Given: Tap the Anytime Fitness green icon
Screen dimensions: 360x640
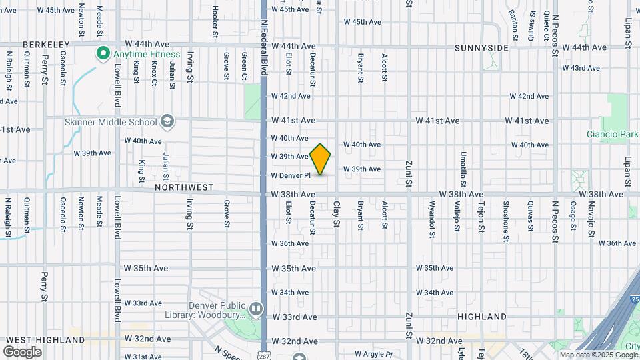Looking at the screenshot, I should [x=103, y=54].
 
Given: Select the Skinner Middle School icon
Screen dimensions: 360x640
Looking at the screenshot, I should [x=167, y=122].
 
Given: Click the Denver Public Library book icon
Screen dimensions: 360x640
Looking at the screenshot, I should [x=255, y=309].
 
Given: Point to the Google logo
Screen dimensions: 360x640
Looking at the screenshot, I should [x=22, y=351].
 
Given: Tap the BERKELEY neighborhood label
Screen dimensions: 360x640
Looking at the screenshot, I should [x=46, y=45].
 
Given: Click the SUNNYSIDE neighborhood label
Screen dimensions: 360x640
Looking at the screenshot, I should [x=481, y=48].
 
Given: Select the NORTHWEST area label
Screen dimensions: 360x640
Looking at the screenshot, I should [x=184, y=188].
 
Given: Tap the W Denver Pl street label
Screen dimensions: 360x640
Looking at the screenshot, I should [x=291, y=175].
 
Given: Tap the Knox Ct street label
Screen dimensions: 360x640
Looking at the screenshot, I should [x=154, y=73].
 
